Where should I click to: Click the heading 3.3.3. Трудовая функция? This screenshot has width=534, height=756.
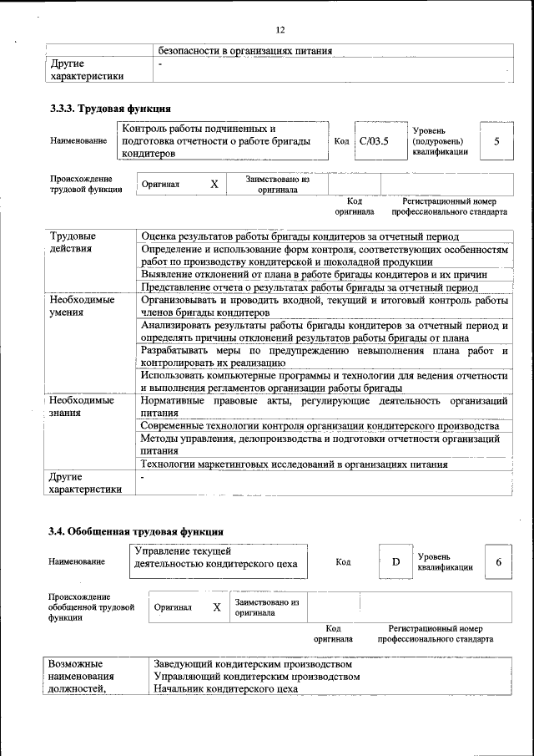coord(110,108)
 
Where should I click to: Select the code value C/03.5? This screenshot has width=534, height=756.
coord(374,141)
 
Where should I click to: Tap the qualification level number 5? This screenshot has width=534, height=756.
coord(496,141)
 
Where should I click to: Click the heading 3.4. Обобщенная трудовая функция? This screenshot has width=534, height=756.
coord(135,530)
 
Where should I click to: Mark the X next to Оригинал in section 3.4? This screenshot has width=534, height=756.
coord(216,607)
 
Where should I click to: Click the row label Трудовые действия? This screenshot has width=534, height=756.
coord(73,242)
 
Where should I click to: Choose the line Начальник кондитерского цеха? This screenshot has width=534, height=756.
coord(226,688)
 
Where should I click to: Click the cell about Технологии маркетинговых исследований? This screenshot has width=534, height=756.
coord(295,464)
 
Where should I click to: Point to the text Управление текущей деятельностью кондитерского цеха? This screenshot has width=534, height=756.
coord(215,557)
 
